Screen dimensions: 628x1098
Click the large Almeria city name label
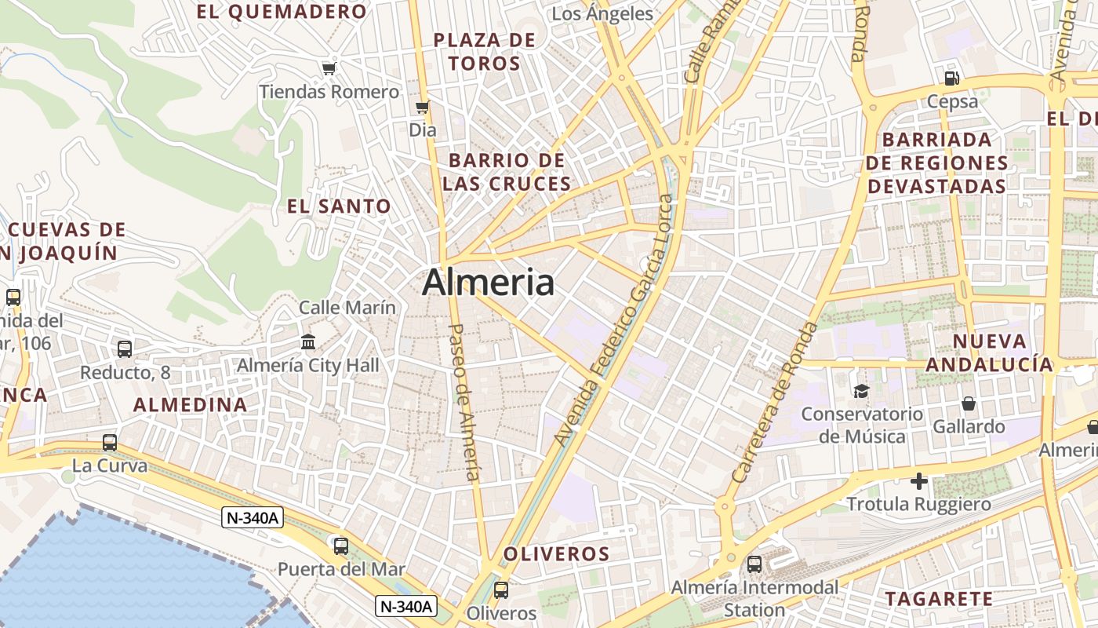[x=488, y=283]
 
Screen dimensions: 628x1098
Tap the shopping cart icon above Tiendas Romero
[x=329, y=68]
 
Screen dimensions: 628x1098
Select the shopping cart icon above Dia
[x=423, y=107]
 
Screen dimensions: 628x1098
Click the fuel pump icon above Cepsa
[x=952, y=78]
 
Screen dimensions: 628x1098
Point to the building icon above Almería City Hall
[x=308, y=342]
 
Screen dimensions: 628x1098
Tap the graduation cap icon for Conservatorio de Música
[x=862, y=391]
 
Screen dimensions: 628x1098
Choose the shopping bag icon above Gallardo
[x=969, y=403]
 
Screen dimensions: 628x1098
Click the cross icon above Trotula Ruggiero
[x=919, y=480]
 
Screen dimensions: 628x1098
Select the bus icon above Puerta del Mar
[x=341, y=546]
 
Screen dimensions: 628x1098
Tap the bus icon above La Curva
[x=110, y=443]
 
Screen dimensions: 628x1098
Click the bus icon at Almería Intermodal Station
[x=754, y=564]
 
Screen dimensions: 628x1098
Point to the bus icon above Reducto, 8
[x=125, y=349]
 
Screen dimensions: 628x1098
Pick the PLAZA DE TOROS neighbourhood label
[x=485, y=52]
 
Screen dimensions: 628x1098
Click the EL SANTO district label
[x=339, y=206]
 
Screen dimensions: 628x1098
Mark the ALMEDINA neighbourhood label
[x=190, y=405]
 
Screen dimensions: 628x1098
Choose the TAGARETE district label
[x=939, y=599]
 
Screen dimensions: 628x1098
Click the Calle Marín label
[x=347, y=307]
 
